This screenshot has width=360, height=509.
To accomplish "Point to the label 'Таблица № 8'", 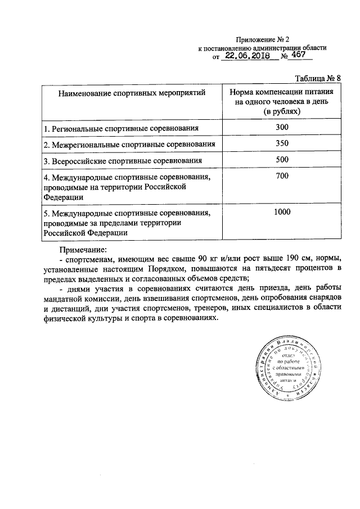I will click(x=318, y=78).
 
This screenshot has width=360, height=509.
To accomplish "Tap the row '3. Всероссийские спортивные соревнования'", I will click(x=123, y=161).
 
